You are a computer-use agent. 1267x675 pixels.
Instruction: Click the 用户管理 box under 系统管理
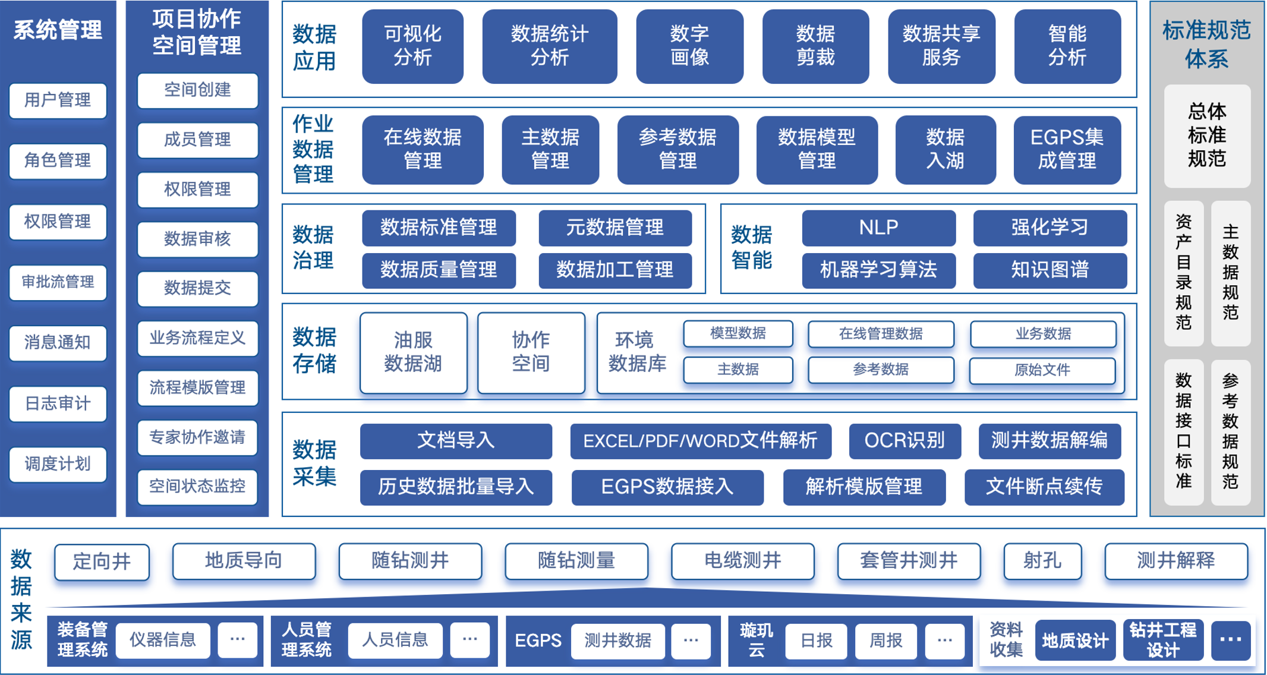58,100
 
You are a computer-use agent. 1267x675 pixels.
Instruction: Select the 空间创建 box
197,90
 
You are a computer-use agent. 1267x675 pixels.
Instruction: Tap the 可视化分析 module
412,46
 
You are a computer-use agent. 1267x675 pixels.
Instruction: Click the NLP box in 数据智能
878,227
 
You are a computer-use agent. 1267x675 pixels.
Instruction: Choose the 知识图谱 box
1049,270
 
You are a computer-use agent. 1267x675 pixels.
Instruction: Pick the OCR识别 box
904,440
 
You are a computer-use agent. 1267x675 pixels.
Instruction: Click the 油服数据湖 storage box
413,352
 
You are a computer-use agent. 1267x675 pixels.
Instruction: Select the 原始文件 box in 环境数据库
1042,370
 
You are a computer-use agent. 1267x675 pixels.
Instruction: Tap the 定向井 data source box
102,561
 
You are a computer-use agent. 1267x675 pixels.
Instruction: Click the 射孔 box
1042,560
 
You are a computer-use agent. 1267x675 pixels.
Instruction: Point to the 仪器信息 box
163,640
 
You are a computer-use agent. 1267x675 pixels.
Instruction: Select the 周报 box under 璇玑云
885,640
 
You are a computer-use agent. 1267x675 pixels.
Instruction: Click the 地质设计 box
1075,640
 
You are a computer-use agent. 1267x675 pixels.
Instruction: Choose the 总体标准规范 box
1207,135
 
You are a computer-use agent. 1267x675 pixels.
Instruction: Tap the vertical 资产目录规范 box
1183,273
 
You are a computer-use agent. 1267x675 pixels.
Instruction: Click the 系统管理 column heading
58,30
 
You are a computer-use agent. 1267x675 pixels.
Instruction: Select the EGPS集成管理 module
1067,149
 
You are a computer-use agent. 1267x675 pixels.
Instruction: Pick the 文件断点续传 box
1044,487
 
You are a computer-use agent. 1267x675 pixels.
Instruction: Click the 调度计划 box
58,463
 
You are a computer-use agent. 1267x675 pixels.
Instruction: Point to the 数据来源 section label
21,600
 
